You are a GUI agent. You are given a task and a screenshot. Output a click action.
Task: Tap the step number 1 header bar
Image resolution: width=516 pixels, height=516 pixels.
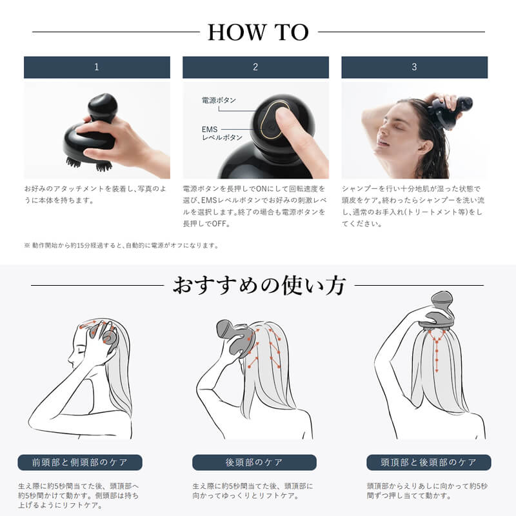click(x=97, y=67)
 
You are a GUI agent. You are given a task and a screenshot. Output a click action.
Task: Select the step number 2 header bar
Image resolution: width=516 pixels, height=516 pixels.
click(x=255, y=67)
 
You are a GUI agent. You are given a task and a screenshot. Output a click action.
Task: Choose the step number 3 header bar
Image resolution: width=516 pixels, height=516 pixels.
click(x=414, y=67)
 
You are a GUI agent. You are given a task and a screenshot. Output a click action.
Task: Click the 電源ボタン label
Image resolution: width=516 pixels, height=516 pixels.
click(x=219, y=101)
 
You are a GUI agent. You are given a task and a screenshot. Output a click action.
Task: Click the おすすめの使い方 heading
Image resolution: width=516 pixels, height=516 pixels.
click(x=258, y=286)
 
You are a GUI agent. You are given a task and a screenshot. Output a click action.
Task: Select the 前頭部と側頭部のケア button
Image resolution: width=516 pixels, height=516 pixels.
click(x=79, y=462)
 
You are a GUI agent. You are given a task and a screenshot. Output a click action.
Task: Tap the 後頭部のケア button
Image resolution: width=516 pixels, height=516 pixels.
click(x=254, y=462)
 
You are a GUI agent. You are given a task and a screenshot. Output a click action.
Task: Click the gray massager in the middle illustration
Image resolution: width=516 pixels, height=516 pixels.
click(x=235, y=335)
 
